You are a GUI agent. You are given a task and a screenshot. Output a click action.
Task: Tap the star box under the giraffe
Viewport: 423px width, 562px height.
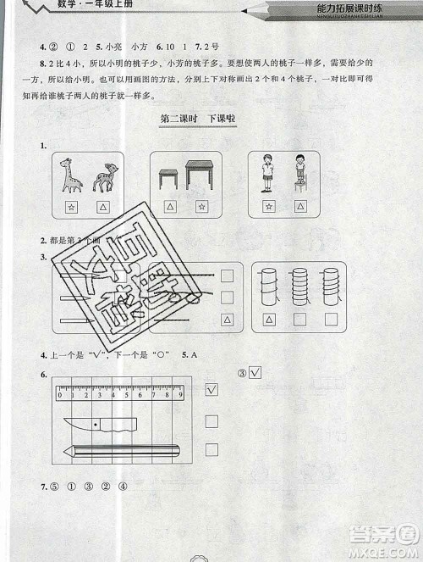pos(69,207)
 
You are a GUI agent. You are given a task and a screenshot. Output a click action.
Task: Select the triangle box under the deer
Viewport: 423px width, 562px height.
pos(102,207)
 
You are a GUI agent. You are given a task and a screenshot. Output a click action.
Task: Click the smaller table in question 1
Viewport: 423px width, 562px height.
pos(168,178)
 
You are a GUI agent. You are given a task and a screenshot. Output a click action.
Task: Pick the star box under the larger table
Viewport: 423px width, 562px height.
pos(201,207)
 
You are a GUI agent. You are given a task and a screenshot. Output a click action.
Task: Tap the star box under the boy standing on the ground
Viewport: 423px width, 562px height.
pos(269,207)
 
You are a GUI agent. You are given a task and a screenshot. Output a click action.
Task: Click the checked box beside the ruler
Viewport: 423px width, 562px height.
pos(212,389)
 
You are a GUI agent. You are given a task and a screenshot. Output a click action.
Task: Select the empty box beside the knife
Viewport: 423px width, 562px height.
pos(212,420)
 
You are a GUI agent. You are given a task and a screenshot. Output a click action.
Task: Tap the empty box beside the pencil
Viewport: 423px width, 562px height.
pos(212,450)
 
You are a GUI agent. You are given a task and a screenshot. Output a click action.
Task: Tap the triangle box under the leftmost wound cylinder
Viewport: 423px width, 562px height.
pos(269,320)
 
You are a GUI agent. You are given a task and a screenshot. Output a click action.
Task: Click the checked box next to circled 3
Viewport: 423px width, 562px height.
pos(255,372)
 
